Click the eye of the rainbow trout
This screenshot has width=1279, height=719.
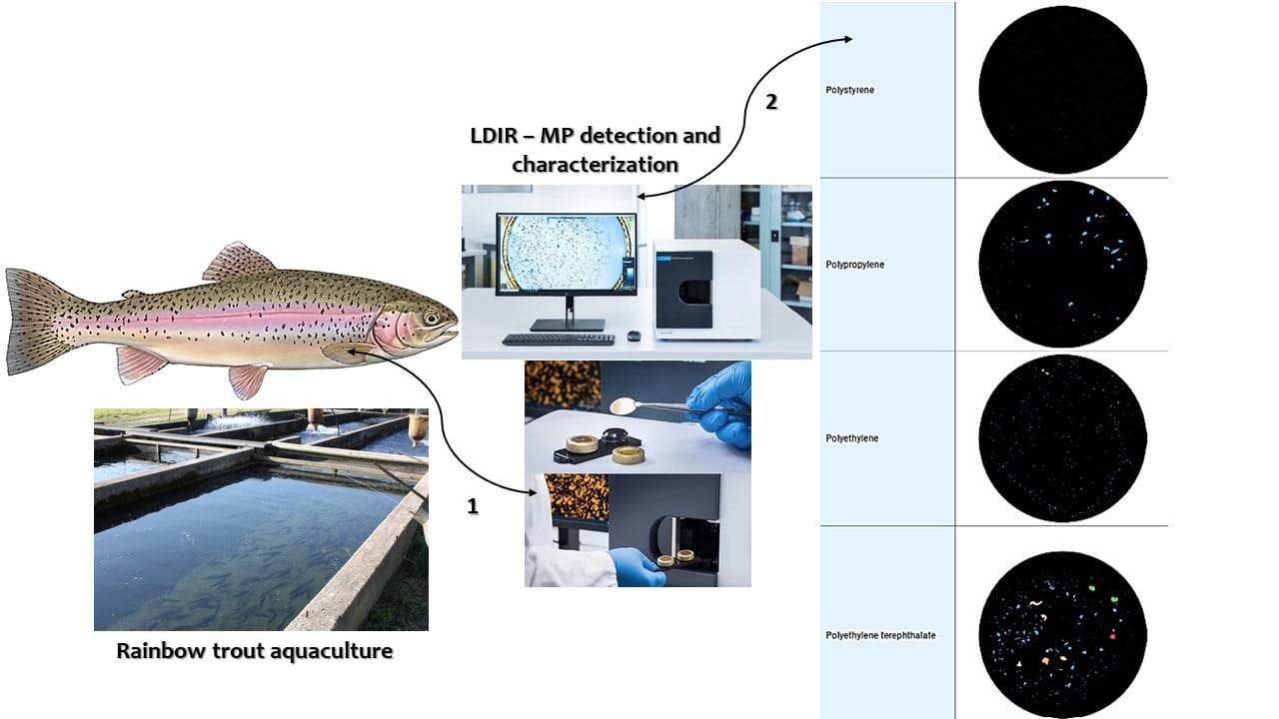tap(431, 319)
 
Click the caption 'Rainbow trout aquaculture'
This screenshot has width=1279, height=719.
tap(255, 651)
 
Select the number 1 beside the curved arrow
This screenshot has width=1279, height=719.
tap(473, 506)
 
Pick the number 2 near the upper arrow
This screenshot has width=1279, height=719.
tap(770, 101)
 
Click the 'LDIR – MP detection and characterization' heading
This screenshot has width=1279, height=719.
tap(595, 149)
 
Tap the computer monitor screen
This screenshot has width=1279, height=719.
tap(566, 253)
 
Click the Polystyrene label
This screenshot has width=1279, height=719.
tap(850, 91)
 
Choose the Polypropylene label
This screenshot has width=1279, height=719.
tap(855, 265)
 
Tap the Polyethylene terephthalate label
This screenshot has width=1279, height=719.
tap(880, 635)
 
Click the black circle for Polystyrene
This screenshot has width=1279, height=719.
tap(1062, 90)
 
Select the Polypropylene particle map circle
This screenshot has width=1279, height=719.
tap(1062, 265)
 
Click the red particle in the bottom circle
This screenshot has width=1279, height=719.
tap(1112, 635)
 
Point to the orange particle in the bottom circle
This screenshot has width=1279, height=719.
tap(1045, 660)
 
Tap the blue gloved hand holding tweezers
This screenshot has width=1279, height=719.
tap(723, 403)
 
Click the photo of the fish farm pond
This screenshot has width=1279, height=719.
tap(261, 519)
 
